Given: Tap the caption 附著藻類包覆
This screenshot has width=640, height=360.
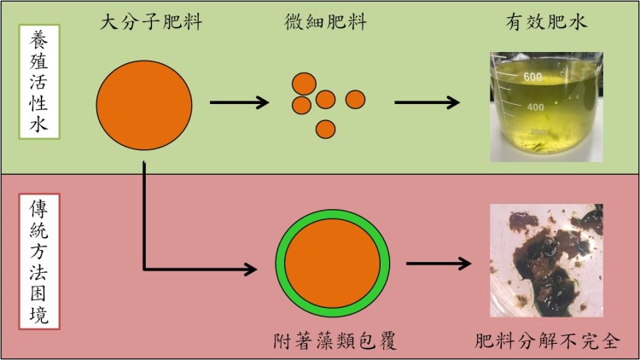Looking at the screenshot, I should point(333,342).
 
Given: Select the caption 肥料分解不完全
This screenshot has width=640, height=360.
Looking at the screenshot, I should point(546,342).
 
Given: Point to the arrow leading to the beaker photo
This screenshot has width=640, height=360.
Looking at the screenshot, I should point(427,103).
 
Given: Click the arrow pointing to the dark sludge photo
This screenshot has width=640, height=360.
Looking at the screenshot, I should point(439,264).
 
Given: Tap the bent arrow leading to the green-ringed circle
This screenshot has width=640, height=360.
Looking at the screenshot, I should point(171,256).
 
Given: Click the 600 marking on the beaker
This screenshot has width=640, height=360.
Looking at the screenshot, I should point(534,78).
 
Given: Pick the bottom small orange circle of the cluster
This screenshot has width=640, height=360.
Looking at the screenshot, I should point(324,130).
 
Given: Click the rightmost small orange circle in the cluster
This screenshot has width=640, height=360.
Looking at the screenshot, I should point(355,99).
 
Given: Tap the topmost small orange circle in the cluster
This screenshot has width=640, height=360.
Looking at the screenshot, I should point(304,82).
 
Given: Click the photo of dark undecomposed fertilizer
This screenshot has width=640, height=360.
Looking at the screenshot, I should point(546,260).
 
